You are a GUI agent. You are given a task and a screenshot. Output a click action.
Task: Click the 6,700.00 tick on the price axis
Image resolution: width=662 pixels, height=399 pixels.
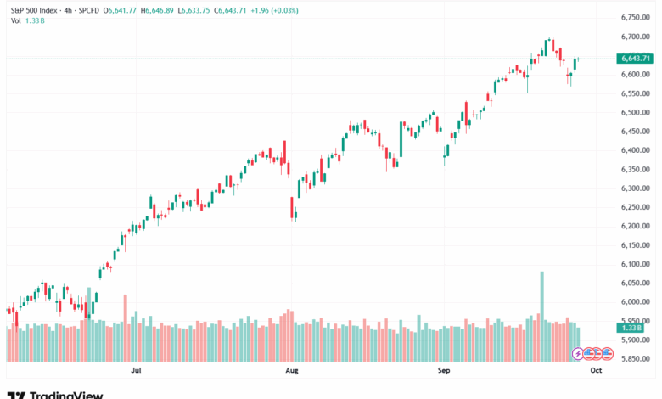click(635, 37)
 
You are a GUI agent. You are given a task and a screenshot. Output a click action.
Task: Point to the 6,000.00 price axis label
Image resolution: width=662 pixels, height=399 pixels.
click(635, 301)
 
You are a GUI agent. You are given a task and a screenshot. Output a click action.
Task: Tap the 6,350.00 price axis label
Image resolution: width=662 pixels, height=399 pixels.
click(635, 169)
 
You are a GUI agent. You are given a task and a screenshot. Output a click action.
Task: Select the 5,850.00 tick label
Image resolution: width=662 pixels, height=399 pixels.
click(635, 358)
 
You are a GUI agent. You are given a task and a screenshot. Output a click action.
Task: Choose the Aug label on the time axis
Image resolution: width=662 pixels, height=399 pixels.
click(291, 371)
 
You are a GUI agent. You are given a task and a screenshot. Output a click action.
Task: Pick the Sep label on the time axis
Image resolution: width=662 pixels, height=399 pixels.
click(443, 371)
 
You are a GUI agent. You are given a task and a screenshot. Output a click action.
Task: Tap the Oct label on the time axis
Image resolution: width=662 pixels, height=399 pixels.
click(596, 371)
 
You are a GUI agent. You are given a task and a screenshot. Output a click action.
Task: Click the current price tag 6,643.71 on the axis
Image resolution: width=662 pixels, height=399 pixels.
click(635, 58)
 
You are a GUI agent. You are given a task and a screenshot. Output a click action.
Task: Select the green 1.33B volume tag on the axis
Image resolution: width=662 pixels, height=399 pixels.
click(632, 327)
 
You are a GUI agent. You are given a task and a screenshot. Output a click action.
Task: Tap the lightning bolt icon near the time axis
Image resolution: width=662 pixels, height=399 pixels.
click(579, 352)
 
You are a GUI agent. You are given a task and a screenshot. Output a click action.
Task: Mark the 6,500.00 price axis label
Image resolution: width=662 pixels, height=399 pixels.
click(635, 112)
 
